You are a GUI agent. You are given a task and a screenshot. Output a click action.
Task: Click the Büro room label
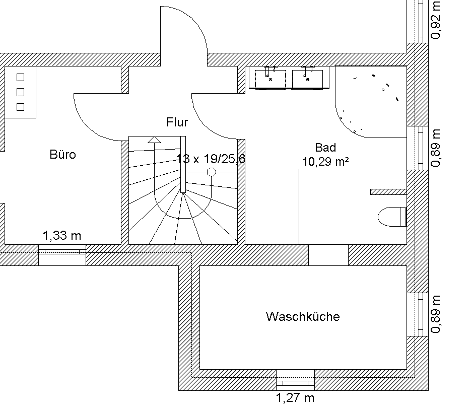click(63, 155)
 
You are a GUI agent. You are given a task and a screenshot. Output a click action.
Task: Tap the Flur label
click(177, 122)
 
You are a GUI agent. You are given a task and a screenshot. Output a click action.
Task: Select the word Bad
click(325, 148)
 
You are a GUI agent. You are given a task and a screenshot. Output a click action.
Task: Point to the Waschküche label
click(303, 317)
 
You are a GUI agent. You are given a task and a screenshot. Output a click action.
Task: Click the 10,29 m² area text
click(326, 161)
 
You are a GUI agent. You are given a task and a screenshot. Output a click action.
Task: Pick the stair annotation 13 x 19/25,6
click(211, 159)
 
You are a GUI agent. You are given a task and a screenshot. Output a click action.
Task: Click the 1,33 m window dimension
click(62, 235)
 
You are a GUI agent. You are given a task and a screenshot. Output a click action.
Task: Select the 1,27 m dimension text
click(295, 398)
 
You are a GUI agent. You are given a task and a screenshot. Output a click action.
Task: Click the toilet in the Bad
click(392, 217)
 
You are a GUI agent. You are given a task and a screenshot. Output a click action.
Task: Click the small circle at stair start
click(212, 172)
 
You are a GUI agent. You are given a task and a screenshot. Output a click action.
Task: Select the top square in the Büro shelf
click(21, 77)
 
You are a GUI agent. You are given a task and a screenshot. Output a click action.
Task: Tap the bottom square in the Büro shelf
click(21, 106)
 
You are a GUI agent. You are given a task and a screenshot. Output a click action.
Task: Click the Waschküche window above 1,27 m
click(295, 377)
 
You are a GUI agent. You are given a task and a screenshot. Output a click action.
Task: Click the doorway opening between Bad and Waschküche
click(328, 255)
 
